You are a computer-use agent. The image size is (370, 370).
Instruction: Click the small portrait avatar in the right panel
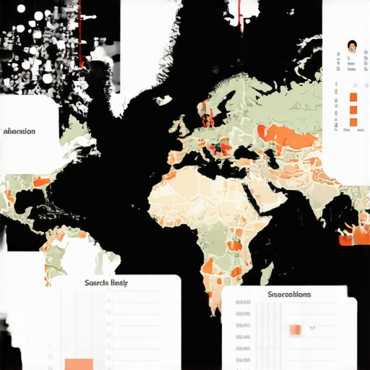coord(352,46)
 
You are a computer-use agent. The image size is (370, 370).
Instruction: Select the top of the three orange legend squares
coord(353,98)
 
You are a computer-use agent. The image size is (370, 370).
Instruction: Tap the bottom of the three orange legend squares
coord(353,122)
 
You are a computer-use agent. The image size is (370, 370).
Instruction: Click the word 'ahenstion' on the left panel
coord(20,132)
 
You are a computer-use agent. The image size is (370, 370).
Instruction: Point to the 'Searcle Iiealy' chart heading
coord(106,283)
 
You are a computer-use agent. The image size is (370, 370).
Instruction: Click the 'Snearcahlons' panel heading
coord(289,294)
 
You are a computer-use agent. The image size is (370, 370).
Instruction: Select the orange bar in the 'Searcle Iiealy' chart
coord(79,363)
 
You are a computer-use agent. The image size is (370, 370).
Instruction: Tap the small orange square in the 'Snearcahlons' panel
coord(295,330)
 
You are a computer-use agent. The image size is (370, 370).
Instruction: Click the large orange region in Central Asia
coord(289,134)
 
